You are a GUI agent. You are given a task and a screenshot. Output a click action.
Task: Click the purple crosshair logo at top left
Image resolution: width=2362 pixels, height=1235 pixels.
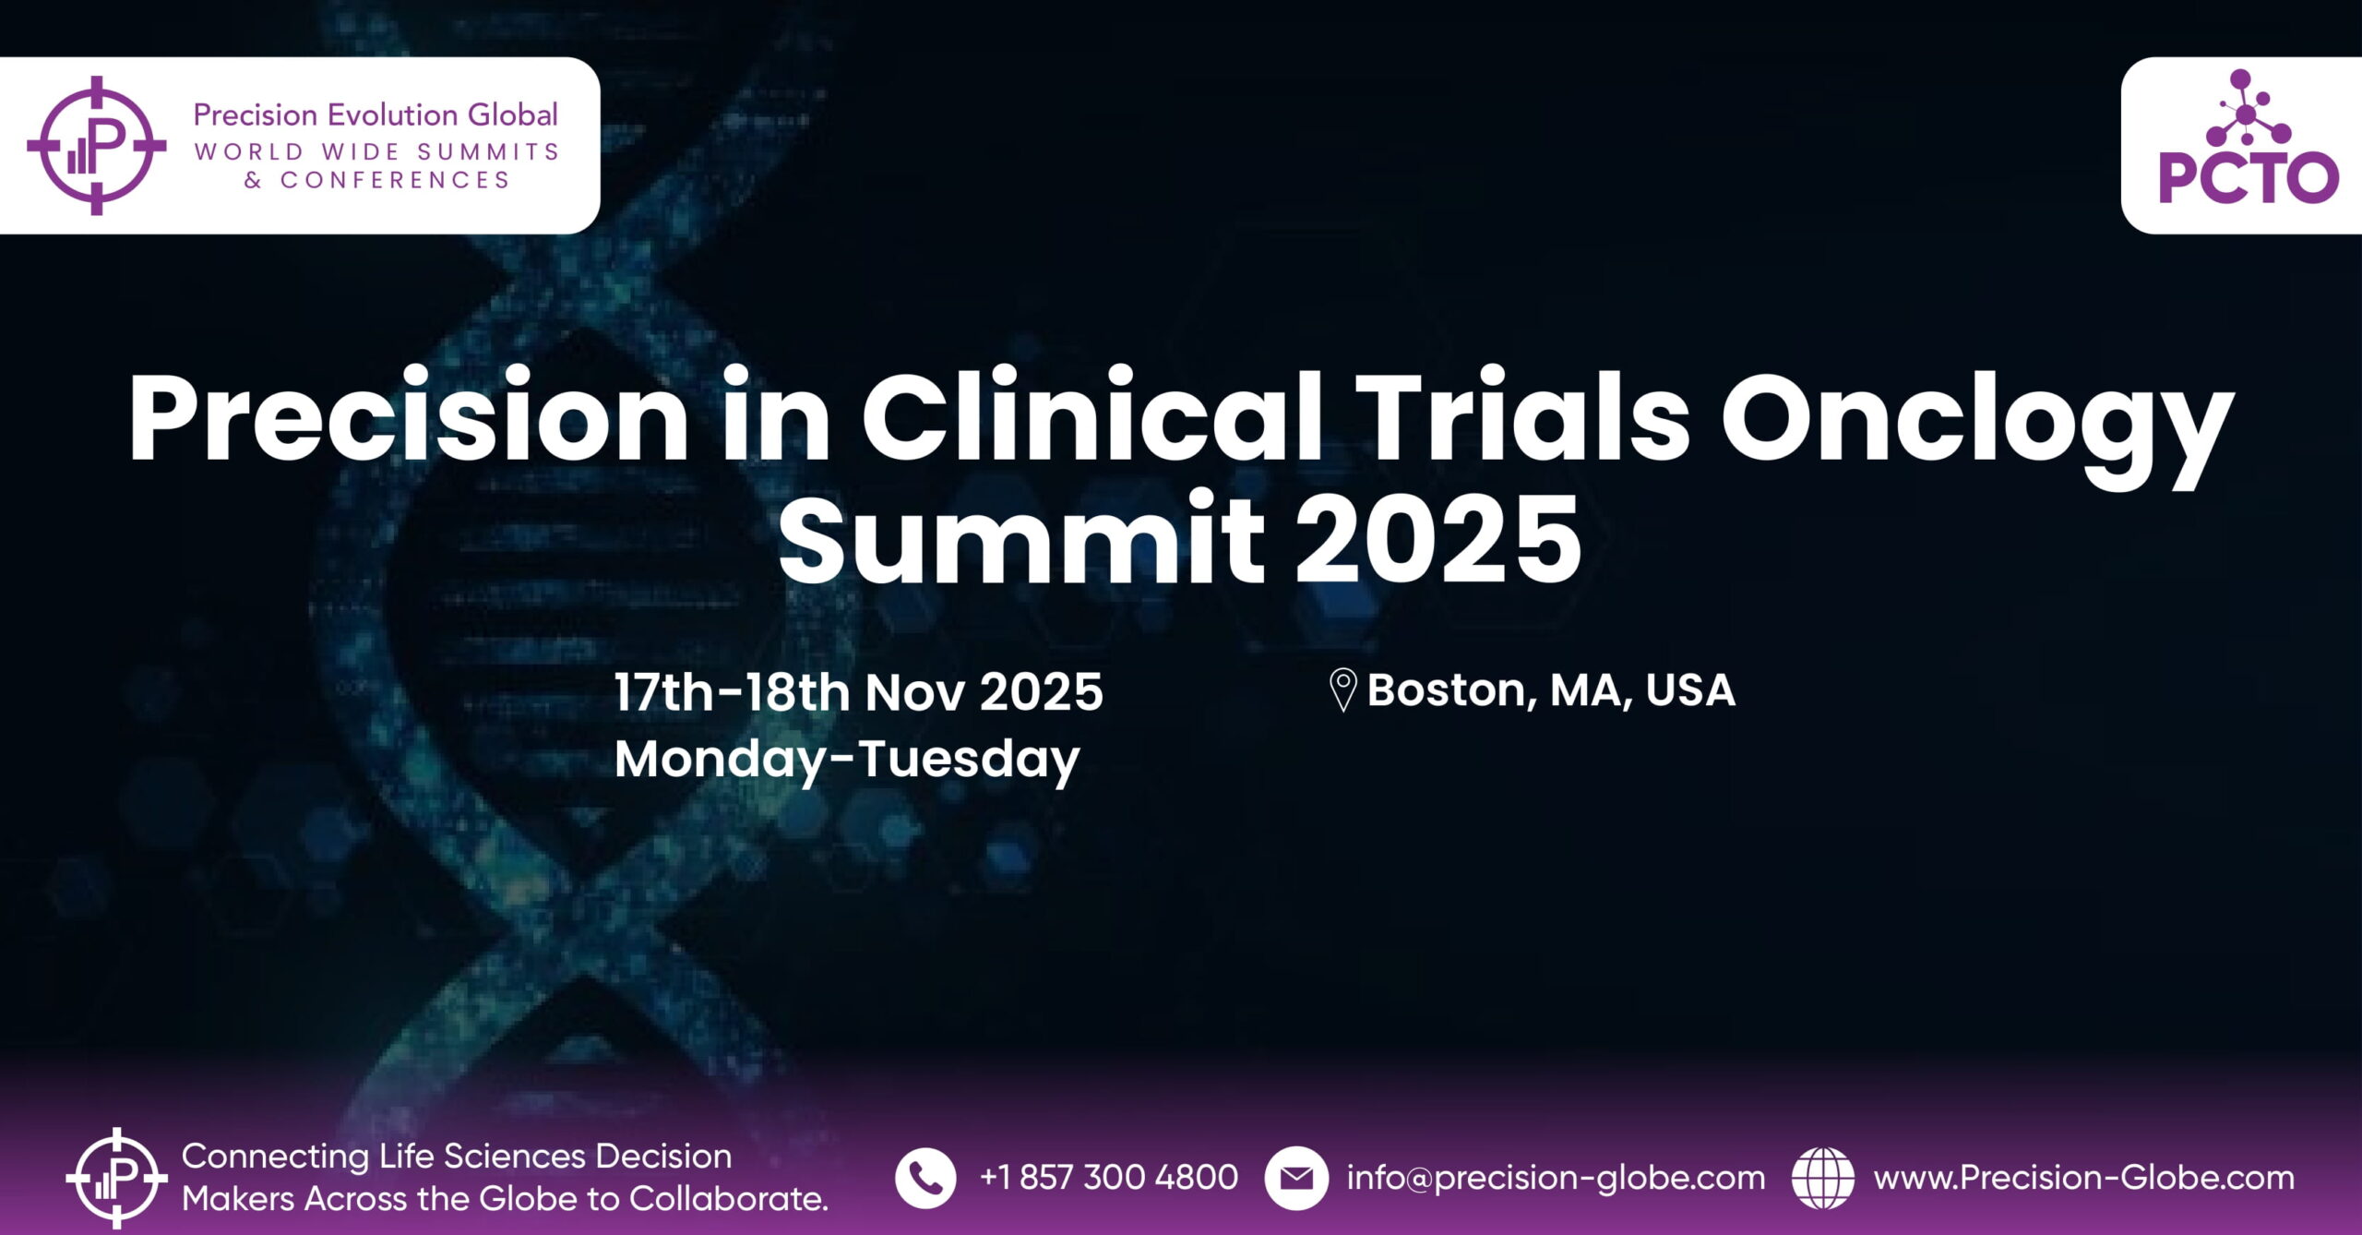click(x=97, y=146)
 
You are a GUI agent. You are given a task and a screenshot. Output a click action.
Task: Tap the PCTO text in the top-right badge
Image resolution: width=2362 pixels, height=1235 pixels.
click(x=2249, y=178)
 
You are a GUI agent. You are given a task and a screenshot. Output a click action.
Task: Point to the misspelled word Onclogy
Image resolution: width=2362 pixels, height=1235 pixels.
click(x=1977, y=426)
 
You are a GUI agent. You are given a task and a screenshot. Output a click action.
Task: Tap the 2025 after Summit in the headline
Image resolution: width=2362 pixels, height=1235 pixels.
click(x=1438, y=539)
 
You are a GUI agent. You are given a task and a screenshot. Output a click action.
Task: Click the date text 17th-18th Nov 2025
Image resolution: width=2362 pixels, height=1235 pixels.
click(x=859, y=692)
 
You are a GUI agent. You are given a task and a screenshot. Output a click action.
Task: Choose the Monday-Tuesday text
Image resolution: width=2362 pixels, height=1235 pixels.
click(x=847, y=761)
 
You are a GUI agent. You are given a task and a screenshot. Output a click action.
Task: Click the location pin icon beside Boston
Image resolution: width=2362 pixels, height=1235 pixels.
click(x=1342, y=689)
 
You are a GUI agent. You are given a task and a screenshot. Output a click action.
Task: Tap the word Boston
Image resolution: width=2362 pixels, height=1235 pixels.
click(x=1452, y=690)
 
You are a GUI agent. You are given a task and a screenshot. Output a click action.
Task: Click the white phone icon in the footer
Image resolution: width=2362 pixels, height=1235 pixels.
click(x=925, y=1178)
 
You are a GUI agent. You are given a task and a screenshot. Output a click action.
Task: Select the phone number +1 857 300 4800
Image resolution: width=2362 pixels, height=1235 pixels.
click(x=1108, y=1178)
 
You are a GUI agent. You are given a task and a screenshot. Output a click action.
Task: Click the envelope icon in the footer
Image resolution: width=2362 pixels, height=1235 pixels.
click(x=1296, y=1178)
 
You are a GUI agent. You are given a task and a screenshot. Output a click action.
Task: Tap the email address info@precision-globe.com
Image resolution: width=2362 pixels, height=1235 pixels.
click(x=1556, y=1179)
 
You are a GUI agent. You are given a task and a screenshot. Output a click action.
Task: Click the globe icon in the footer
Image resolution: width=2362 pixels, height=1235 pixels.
click(x=1822, y=1178)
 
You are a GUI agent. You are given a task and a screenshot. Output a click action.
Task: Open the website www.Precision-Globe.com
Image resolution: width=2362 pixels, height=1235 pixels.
click(x=2083, y=1178)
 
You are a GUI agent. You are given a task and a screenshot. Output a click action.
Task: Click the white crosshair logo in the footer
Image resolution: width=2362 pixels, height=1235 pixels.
click(x=117, y=1178)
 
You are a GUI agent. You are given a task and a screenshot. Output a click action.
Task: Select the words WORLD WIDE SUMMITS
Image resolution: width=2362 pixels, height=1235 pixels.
click(x=376, y=151)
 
